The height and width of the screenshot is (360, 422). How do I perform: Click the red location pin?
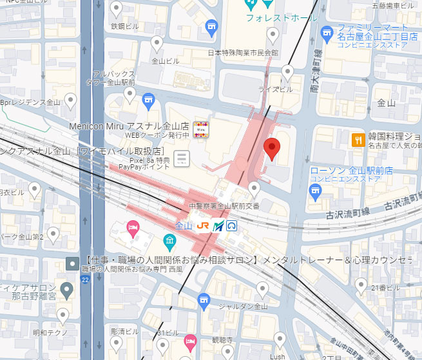273,149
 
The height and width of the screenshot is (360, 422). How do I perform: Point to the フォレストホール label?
282,18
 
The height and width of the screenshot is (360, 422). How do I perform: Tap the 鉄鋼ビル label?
126,26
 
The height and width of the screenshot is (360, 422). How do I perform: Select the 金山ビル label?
165,61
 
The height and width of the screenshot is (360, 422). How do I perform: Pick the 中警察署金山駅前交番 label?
224,206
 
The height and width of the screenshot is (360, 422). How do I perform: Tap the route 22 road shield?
85,279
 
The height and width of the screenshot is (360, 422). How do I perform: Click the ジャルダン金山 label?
243,306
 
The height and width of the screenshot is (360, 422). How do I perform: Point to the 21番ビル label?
385,287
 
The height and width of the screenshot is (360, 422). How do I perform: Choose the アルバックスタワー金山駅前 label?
113,78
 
